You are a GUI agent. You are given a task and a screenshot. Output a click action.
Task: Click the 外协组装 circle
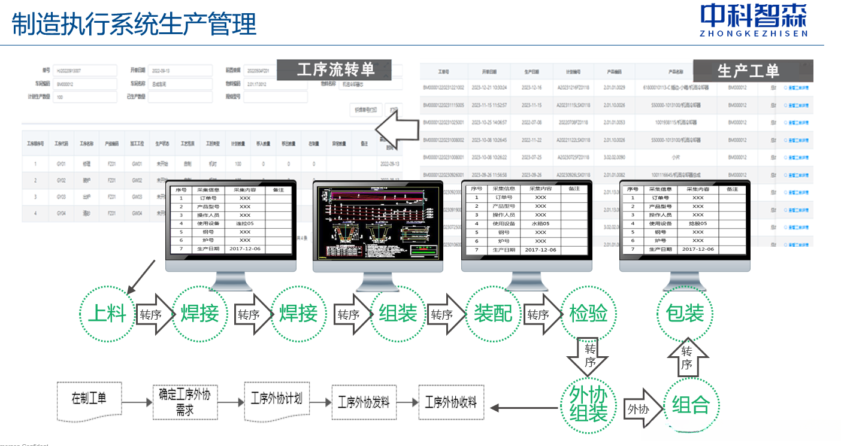tap(588, 404)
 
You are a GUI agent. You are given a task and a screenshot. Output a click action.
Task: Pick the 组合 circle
tap(691, 405)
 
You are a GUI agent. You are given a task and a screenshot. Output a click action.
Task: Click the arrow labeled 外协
tap(643, 409)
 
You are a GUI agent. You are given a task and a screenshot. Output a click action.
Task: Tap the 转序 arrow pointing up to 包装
tap(687, 357)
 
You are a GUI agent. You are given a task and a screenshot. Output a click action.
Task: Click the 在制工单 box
tap(89, 399)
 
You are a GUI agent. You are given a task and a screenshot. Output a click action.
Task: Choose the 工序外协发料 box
tap(364, 402)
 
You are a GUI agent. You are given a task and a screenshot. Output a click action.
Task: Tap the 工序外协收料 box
tap(451, 402)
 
